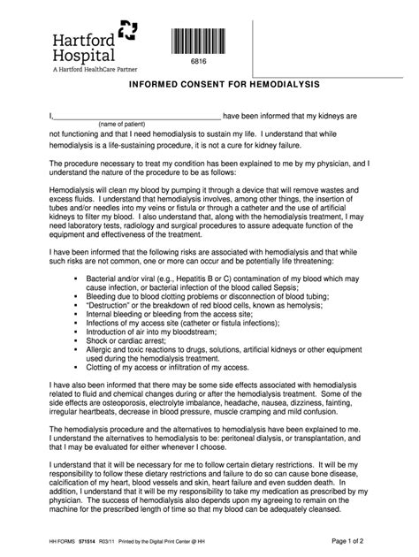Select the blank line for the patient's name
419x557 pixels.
(x=137, y=116)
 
